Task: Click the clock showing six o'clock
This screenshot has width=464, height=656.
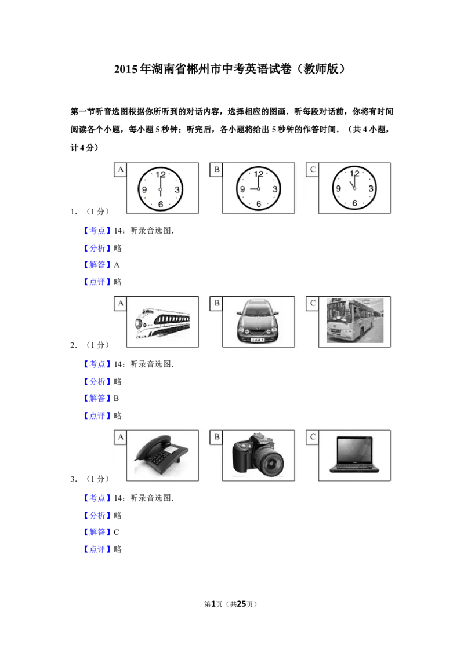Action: pyautogui.click(x=161, y=189)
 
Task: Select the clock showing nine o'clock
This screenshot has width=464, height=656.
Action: pyautogui.click(x=258, y=189)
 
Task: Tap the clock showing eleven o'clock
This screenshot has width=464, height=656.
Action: pyautogui.click(x=354, y=188)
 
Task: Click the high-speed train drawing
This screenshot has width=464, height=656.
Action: pyautogui.click(x=162, y=323)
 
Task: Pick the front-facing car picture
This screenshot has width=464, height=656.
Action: pyautogui.click(x=258, y=321)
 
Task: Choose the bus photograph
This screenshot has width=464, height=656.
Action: pyautogui.click(x=355, y=321)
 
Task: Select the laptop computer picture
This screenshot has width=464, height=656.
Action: pyautogui.click(x=354, y=455)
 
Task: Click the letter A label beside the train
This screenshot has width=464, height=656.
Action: pyautogui.click(x=121, y=303)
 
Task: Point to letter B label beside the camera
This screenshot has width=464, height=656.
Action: pyautogui.click(x=216, y=437)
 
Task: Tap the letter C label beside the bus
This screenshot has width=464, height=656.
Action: pyautogui.click(x=313, y=303)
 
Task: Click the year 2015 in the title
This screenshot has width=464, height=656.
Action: pyautogui.click(x=126, y=69)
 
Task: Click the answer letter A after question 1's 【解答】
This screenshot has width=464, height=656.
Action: pyautogui.click(x=117, y=265)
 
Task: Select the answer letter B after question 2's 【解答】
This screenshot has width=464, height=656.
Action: pyautogui.click(x=116, y=398)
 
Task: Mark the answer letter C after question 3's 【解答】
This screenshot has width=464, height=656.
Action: pyautogui.click(x=117, y=532)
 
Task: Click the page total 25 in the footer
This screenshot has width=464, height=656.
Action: pyautogui.click(x=242, y=604)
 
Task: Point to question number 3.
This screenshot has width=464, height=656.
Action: pyautogui.click(x=73, y=479)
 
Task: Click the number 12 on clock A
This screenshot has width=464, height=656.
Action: pyautogui.click(x=161, y=174)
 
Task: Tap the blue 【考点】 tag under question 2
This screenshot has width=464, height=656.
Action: pyautogui.click(x=97, y=364)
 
